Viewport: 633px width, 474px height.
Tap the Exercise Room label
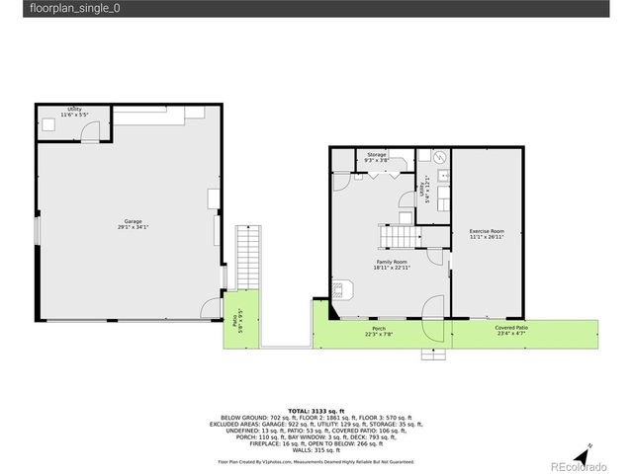[x=487, y=234]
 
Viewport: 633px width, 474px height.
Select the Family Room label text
[x=392, y=264]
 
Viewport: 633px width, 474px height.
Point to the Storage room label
[x=377, y=158]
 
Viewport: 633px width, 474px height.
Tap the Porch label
[x=379, y=331]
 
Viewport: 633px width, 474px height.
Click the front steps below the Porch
[x=433, y=353]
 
